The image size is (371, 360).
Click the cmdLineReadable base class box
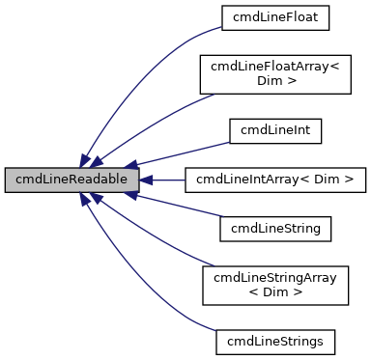click(72, 180)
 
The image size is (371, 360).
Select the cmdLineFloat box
click(274, 16)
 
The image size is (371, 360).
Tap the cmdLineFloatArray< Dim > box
click(274, 73)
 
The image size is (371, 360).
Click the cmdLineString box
click(274, 229)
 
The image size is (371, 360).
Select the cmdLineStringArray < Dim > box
click(274, 286)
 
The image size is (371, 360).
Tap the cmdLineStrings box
click(274, 342)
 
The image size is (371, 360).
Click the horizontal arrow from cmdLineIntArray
click(169, 180)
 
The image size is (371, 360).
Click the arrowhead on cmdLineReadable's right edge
click(147, 180)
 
